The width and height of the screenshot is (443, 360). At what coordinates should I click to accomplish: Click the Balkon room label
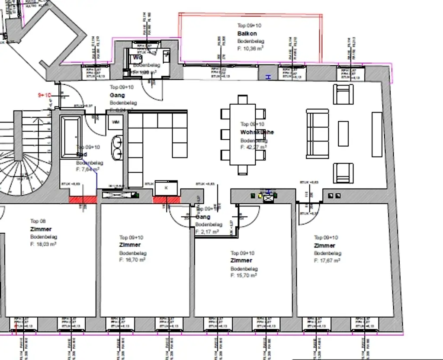point(247,33)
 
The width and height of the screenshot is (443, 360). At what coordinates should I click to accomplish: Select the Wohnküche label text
point(257,132)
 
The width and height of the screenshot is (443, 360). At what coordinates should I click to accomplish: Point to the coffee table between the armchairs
point(343,133)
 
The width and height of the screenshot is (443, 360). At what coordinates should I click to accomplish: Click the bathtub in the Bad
point(70,136)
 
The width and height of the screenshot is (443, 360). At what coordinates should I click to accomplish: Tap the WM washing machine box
point(116,122)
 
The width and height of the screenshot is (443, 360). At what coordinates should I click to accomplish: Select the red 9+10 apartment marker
point(45,95)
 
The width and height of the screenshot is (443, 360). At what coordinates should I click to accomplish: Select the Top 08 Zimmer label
point(41,229)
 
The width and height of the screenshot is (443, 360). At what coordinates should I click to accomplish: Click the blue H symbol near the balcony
point(268,77)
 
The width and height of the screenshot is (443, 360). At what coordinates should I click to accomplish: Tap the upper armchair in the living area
point(343,94)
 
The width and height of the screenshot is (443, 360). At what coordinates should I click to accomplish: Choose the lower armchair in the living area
point(343,173)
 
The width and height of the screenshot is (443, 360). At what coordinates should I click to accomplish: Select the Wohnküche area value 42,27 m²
point(254,147)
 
